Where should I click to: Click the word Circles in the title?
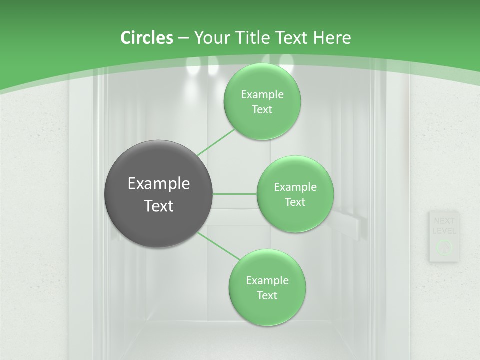click(x=147, y=38)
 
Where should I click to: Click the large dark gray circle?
click(x=158, y=194)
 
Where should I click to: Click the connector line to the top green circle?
click(x=216, y=142)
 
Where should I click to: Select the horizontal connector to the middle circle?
click(x=235, y=194)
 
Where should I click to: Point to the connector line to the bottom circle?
click(x=219, y=246)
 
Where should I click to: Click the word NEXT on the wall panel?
click(x=444, y=221)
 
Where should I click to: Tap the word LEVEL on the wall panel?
click(x=444, y=231)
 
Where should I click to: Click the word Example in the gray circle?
click(x=158, y=184)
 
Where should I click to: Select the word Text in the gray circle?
click(x=158, y=205)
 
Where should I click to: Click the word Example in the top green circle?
click(x=262, y=95)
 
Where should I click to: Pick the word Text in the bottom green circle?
click(x=267, y=295)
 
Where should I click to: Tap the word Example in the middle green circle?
click(x=295, y=187)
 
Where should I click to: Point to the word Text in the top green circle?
click(x=262, y=110)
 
